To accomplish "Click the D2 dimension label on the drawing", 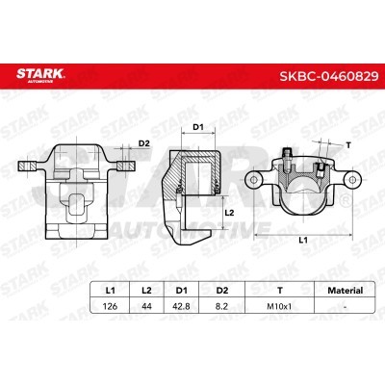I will (x=144, y=143).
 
